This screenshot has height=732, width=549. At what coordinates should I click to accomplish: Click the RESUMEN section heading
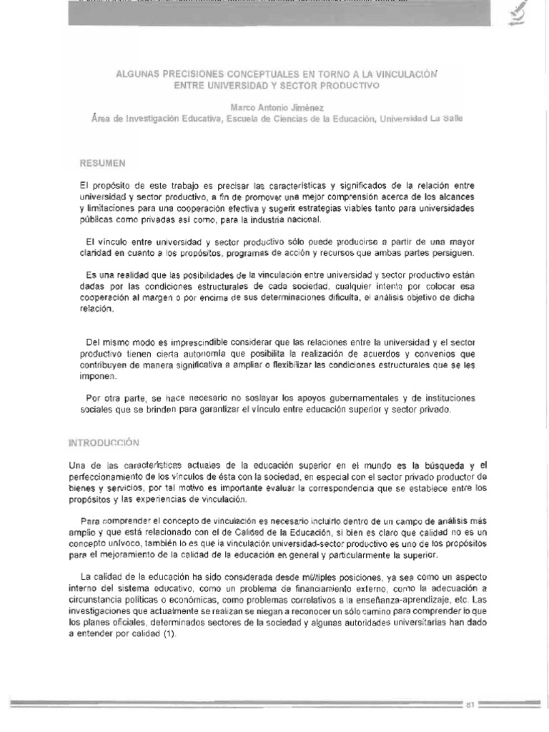click(102, 163)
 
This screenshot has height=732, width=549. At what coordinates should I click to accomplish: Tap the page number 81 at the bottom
click(470, 704)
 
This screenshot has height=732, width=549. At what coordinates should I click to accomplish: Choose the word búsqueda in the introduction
click(432, 466)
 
